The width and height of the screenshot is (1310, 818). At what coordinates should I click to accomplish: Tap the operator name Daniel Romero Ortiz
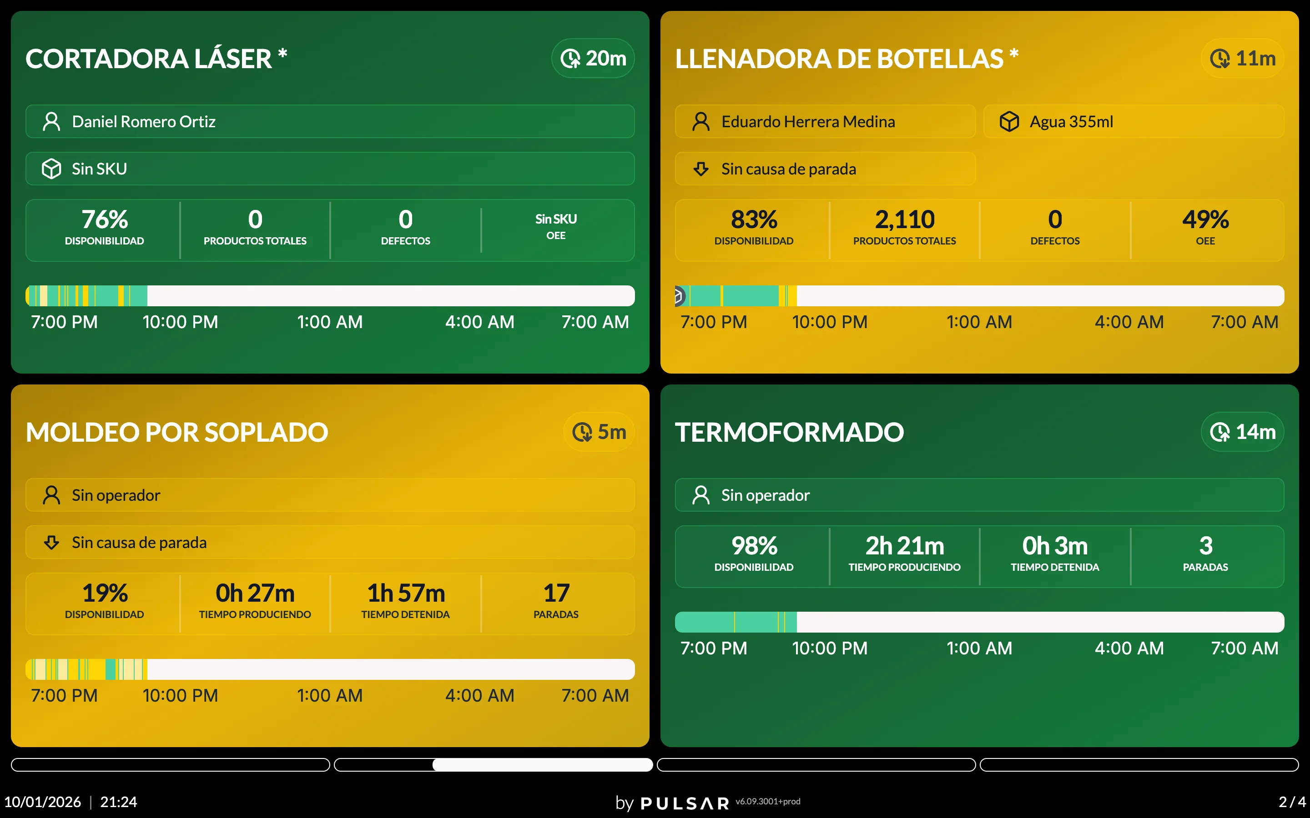pos(143,122)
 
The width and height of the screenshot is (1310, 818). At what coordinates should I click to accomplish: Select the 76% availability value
pos(105,219)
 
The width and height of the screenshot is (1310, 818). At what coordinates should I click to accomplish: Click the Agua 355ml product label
pos(1071,122)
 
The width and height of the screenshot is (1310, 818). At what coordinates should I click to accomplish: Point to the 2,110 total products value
pos(905,219)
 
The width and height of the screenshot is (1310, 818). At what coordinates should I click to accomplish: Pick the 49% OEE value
pos(1205,219)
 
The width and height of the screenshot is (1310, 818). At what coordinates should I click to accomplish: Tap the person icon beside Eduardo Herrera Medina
pos(701,122)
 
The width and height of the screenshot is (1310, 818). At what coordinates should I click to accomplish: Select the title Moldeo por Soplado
pos(177,432)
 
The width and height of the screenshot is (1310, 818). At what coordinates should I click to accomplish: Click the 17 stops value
pos(556,593)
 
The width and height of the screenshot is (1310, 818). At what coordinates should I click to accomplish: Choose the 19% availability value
pos(105,593)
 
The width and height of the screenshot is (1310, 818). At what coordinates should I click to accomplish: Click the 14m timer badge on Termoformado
pos(1242,432)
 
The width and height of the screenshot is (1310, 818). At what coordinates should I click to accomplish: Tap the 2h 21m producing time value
pos(905,545)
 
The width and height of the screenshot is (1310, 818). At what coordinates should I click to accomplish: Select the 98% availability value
pos(754,545)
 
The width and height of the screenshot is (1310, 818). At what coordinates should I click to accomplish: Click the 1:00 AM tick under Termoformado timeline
pos(979,648)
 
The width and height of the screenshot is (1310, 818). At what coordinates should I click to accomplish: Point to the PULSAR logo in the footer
pos(685,803)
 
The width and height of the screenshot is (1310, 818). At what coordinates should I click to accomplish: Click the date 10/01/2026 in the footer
pos(42,802)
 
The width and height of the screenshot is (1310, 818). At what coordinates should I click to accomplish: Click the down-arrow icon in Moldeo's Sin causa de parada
pos(51,542)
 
